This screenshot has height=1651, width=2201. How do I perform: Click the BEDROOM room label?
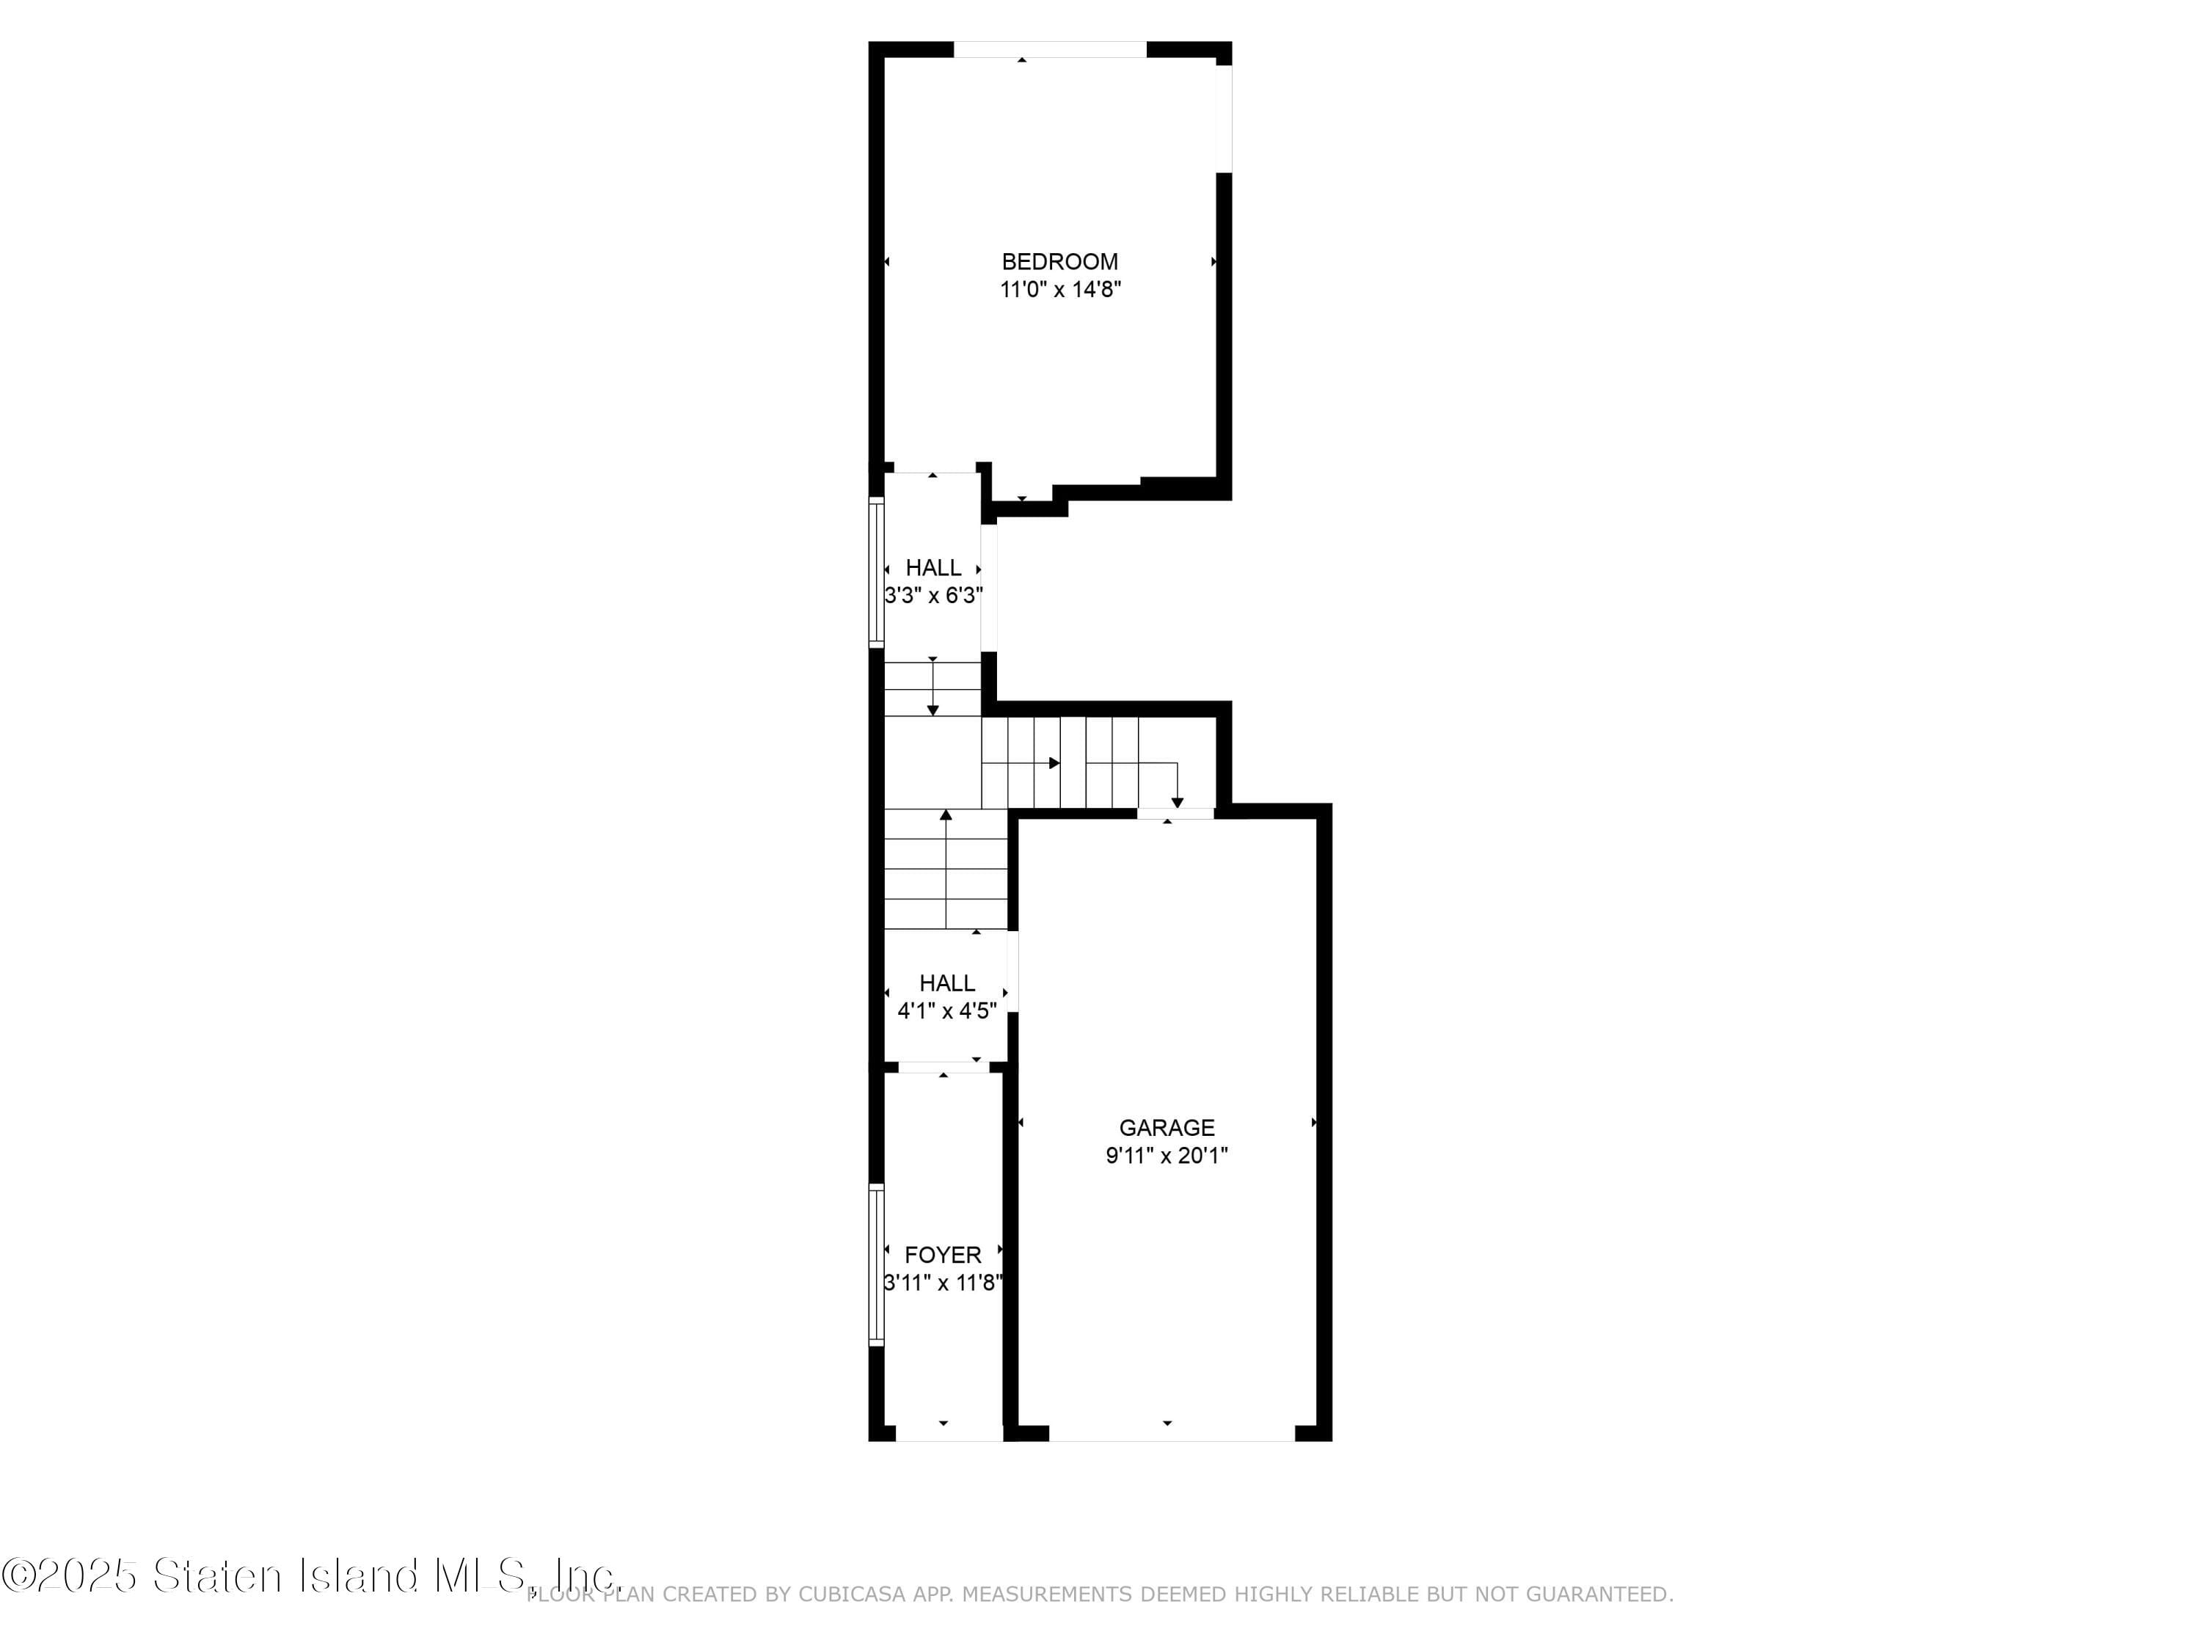1059,262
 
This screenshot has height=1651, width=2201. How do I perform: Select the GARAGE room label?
1167,1128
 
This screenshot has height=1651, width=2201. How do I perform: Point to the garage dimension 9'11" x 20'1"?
1167,1156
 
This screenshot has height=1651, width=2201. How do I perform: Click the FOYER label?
942,1255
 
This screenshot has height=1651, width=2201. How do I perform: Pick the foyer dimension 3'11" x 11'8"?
942,1283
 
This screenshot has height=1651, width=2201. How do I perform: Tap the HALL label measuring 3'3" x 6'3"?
933,568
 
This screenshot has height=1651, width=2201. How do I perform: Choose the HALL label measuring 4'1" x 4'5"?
946,983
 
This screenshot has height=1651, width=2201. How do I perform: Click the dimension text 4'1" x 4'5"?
946,1011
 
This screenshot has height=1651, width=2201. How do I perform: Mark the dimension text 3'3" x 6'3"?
933,596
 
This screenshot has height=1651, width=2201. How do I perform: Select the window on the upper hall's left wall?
875,573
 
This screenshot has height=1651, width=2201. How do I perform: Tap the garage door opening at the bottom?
1171,1433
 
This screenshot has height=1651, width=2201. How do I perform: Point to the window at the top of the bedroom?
1050,48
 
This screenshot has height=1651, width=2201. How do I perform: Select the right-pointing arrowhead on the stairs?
1054,763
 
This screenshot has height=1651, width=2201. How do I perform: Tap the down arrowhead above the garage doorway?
1177,802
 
